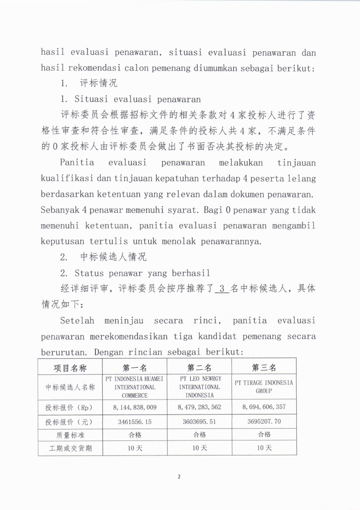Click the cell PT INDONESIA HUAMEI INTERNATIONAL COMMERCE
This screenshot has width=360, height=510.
coord(135,387)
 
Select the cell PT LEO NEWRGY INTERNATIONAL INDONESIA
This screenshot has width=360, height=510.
coord(199,387)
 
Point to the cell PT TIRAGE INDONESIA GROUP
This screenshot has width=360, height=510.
coord(264,387)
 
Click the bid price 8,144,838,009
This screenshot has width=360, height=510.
coord(135,407)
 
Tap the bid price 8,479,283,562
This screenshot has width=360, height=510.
coord(199,407)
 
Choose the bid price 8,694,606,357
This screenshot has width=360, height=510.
coord(264,407)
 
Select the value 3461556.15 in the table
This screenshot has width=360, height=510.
coord(135,421)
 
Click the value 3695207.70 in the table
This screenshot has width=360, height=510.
coord(264,421)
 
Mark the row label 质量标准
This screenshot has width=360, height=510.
coord(70,435)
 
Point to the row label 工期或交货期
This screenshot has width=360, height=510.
coord(70,448)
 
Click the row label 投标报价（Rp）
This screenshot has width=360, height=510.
coord(70,407)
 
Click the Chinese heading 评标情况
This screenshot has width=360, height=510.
coord(98,83)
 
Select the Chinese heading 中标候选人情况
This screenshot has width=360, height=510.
coord(113,257)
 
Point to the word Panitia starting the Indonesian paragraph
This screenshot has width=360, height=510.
coord(77,162)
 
